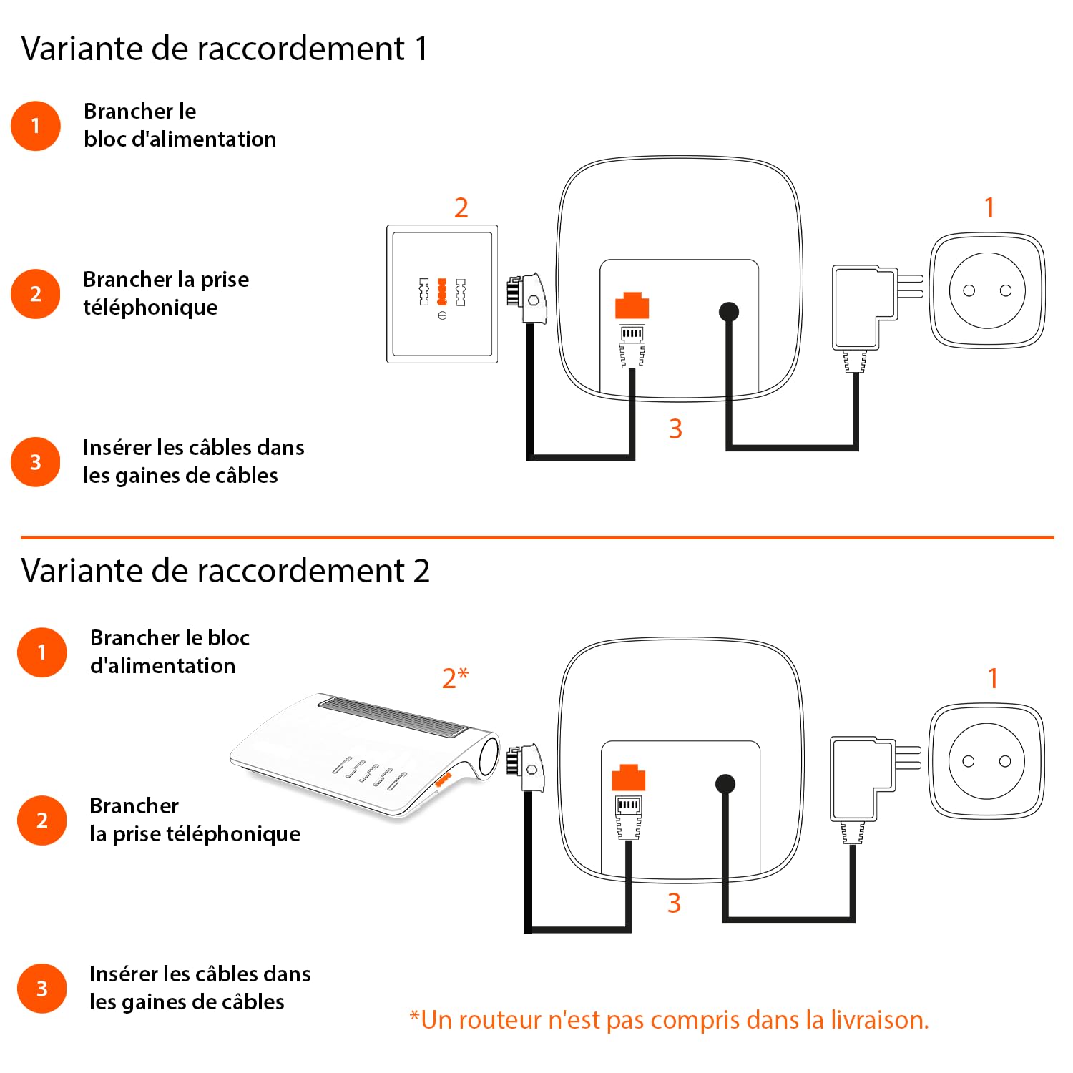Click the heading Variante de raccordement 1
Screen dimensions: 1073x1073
[x=225, y=49]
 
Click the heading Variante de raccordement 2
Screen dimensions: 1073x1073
[x=225, y=571]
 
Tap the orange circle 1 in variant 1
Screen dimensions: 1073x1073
[x=36, y=126]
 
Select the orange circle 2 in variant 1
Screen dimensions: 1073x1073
[x=36, y=294]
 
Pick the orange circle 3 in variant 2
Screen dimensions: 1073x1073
[x=42, y=989]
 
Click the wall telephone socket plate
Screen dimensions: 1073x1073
[x=442, y=294]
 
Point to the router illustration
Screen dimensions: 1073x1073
[x=365, y=755]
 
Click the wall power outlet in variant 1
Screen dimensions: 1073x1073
[x=987, y=290]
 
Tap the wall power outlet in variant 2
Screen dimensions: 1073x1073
[x=986, y=760]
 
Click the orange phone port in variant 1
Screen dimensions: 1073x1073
[x=632, y=305]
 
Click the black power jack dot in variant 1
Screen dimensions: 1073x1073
[x=728, y=312]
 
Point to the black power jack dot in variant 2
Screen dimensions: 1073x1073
[x=725, y=784]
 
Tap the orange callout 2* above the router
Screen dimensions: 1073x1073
[x=455, y=677]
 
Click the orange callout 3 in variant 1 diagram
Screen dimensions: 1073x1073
[x=675, y=428]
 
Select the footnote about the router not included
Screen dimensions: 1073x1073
[x=669, y=1019]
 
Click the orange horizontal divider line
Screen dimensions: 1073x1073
[x=537, y=537]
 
